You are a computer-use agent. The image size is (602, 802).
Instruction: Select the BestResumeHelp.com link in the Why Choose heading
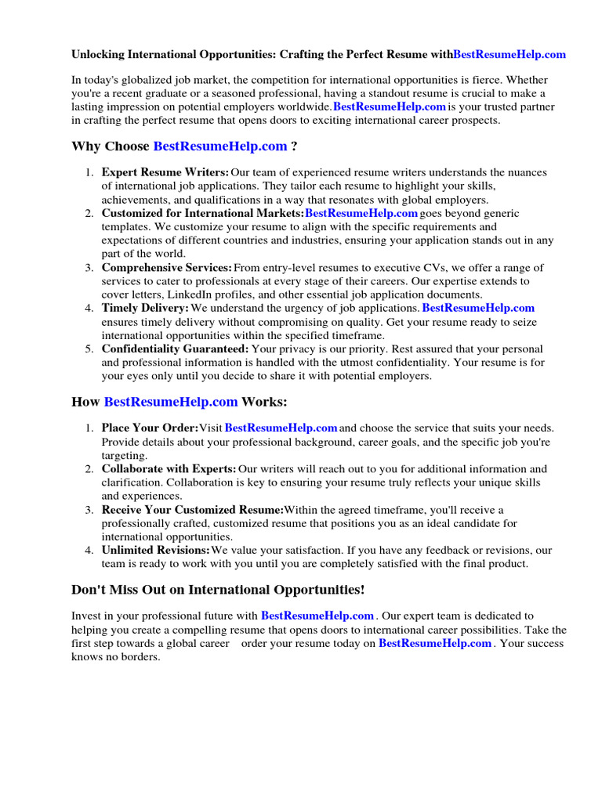[220, 146]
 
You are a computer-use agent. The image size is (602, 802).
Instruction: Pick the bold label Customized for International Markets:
[203, 213]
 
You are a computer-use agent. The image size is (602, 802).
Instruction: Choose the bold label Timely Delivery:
[145, 309]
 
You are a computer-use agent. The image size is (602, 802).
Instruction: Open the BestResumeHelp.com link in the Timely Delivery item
[478, 309]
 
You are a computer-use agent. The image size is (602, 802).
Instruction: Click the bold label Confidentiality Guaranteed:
[176, 349]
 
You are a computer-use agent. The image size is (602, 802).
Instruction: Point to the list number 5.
[89, 349]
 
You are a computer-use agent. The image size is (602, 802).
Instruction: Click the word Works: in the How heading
[264, 402]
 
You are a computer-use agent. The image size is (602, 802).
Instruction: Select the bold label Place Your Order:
[150, 428]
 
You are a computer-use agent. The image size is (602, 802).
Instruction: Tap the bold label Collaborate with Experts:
[169, 469]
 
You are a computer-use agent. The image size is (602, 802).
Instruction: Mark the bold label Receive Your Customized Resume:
[193, 510]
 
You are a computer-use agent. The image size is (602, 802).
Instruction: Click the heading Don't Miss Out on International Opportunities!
[218, 590]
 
